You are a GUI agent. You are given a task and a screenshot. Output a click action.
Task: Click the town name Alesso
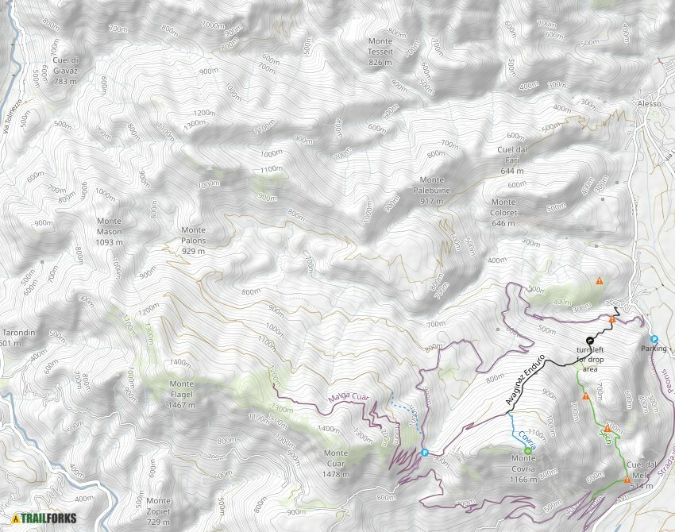click(649, 104)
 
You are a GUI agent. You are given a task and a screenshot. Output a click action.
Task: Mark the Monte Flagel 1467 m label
click(182, 394)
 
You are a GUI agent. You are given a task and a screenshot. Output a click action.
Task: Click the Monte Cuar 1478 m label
click(336, 464)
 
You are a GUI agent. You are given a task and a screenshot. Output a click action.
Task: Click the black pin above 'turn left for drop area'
click(590, 341)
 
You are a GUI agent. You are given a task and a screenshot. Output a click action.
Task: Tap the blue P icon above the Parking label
click(654, 339)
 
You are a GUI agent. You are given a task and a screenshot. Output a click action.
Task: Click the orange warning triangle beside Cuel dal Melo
click(627, 480)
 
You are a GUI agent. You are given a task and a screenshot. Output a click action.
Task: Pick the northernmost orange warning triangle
click(599, 280)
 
